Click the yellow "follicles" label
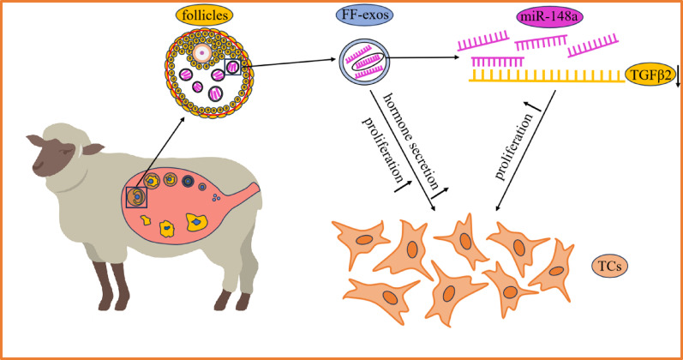point(204,15)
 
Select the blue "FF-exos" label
point(364,15)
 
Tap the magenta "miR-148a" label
point(549,17)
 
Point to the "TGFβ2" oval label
point(649,74)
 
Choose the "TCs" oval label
point(609,266)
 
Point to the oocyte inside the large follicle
point(201,53)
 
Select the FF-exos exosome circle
point(364,61)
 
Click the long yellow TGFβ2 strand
point(547,76)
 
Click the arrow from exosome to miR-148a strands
point(422,57)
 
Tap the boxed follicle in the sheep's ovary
point(136,197)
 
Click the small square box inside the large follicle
point(232,67)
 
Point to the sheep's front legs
point(111,285)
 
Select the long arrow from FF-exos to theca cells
point(403,151)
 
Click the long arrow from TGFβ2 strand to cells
point(525,150)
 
